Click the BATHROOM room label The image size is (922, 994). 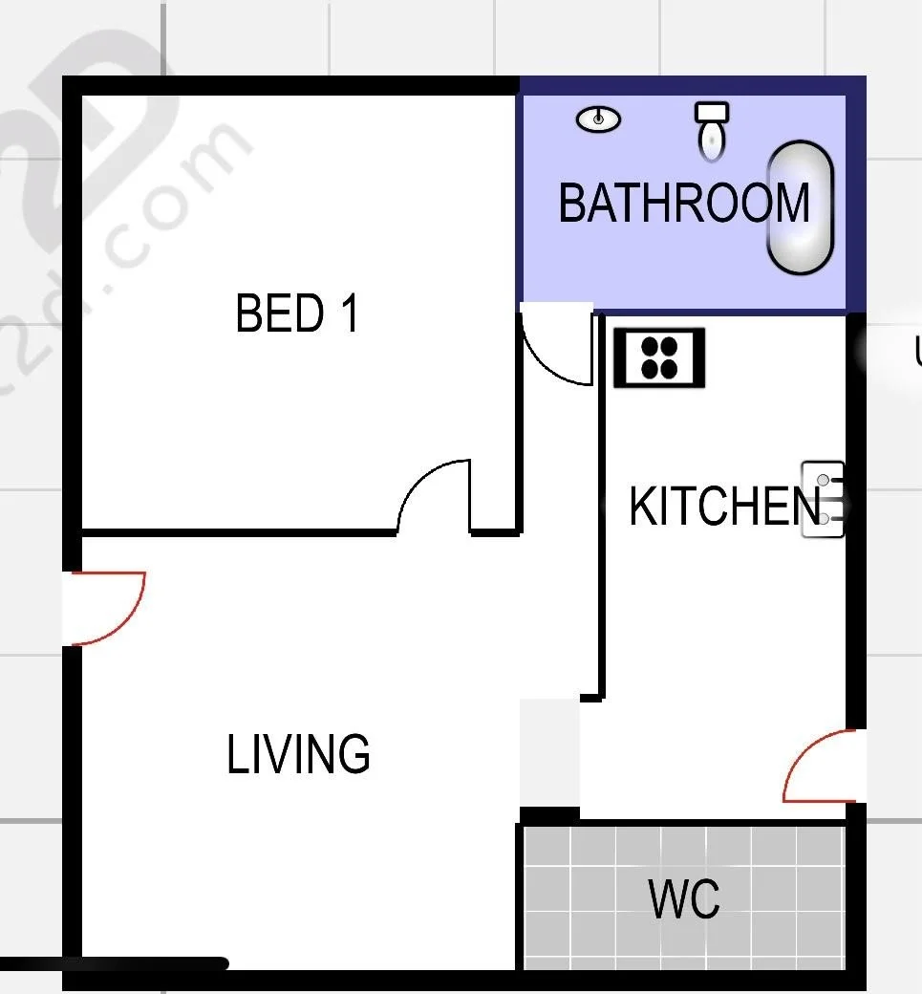coord(683,203)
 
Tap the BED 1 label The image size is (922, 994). coord(297,313)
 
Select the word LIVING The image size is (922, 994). coord(299,754)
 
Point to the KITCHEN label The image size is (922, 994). coord(724,506)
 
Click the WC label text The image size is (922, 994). coord(684,899)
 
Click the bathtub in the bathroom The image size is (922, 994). coord(801,207)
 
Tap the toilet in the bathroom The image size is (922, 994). coord(711,129)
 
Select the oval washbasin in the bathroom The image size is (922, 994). coord(599,119)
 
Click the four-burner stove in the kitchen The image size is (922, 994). coord(659,357)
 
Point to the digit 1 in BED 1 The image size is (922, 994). coord(349,313)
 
